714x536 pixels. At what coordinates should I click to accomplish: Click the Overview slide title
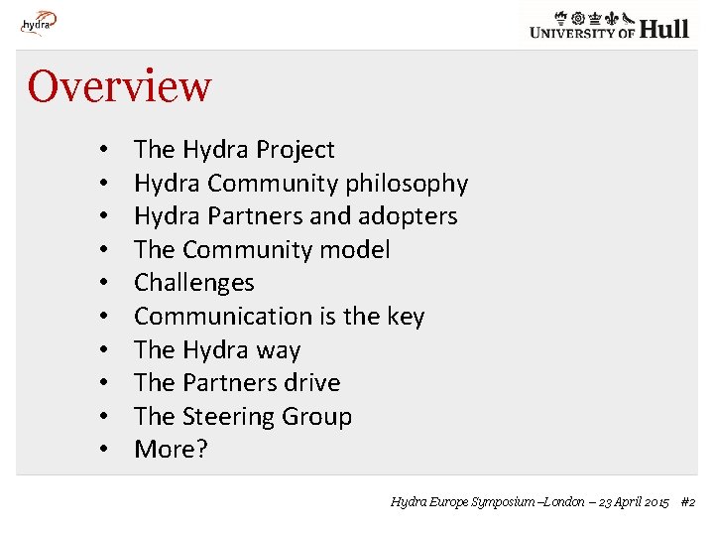119,86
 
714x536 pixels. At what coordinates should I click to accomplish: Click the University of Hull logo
609,24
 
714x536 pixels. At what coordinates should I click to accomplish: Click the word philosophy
407,184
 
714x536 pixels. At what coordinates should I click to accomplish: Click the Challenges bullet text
194,283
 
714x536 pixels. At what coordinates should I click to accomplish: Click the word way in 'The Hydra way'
279,350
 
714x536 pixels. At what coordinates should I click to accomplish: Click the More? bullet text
171,450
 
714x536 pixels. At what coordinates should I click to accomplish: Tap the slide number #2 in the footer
687,502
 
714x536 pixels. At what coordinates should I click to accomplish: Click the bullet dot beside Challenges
103,284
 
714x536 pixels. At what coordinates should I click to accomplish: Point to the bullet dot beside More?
103,451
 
